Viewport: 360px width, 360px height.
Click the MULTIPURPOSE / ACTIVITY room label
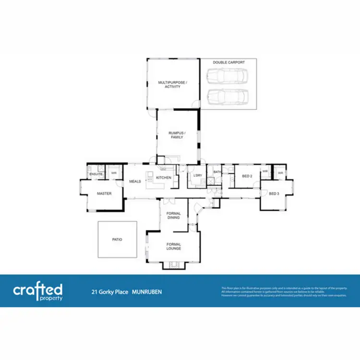172,85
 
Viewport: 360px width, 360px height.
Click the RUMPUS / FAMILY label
177,135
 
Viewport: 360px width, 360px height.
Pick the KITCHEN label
164,178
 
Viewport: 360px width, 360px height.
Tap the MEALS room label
135,181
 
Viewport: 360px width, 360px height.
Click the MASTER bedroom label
104,194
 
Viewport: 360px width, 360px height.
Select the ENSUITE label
95,174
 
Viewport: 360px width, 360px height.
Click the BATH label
217,172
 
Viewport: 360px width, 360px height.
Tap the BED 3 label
274,193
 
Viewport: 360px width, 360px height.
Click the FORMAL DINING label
173,215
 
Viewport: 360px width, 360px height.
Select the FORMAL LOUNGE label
173,246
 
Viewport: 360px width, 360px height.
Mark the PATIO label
117,239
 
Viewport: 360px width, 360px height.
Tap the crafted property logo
38,291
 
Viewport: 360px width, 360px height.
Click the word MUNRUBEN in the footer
147,291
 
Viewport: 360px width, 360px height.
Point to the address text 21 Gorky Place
110,291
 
